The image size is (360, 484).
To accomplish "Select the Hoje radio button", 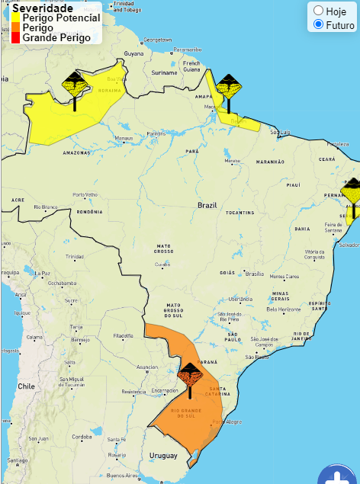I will click(319, 11).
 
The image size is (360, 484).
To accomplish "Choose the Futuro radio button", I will click(319, 24).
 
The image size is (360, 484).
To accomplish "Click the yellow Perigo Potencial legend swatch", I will click(15, 18).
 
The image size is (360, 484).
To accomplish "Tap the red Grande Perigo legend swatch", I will click(15, 37).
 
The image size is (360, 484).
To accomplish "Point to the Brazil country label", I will click(207, 206).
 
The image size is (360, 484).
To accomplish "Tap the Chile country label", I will click(27, 386).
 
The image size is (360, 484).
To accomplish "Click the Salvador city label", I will click(349, 245).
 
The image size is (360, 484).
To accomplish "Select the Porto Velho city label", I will click(85, 194).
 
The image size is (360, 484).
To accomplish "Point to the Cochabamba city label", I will click(62, 283).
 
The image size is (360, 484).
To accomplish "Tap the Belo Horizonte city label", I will click(283, 309).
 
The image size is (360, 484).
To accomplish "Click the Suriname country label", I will click(164, 72).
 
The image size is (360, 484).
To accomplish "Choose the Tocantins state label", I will click(239, 213).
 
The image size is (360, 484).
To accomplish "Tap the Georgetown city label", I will click(157, 39).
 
